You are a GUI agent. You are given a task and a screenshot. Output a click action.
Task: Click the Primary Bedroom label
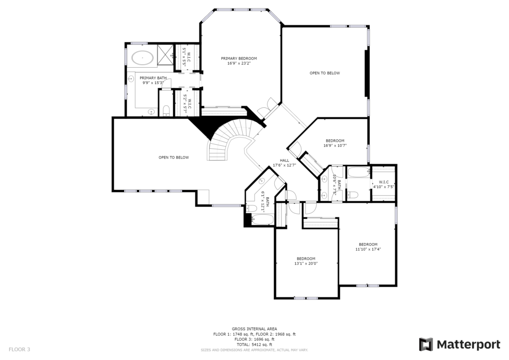coord(239,59)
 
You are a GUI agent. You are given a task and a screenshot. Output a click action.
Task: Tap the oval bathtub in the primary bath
coord(143,58)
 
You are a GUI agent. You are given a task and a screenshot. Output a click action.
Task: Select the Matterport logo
coord(459,345)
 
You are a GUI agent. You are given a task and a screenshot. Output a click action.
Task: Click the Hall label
coord(284,161)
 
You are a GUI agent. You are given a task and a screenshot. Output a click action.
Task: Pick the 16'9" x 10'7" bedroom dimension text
coord(335,146)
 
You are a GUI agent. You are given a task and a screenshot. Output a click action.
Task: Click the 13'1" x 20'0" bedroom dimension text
coord(306,264)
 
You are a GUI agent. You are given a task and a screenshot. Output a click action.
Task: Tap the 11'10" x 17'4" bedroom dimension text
coord(368,249)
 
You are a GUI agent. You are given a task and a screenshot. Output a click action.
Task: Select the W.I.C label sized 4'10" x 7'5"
coord(384,182)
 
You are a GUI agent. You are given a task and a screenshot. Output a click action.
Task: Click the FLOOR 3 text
coord(19,350)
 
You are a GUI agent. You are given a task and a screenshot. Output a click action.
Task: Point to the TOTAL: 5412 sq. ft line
coord(254,345)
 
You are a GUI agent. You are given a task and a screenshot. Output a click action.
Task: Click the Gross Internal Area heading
coord(254,329)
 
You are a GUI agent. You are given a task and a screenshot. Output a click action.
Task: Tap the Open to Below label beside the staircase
coord(173,158)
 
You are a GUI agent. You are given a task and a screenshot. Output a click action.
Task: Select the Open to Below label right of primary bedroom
coord(325,73)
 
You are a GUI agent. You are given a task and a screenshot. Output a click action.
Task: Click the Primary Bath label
coord(153,78)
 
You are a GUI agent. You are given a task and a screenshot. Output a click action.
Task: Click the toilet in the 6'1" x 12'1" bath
coord(251,208)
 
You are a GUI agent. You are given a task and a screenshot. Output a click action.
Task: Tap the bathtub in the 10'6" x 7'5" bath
coord(358,173)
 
